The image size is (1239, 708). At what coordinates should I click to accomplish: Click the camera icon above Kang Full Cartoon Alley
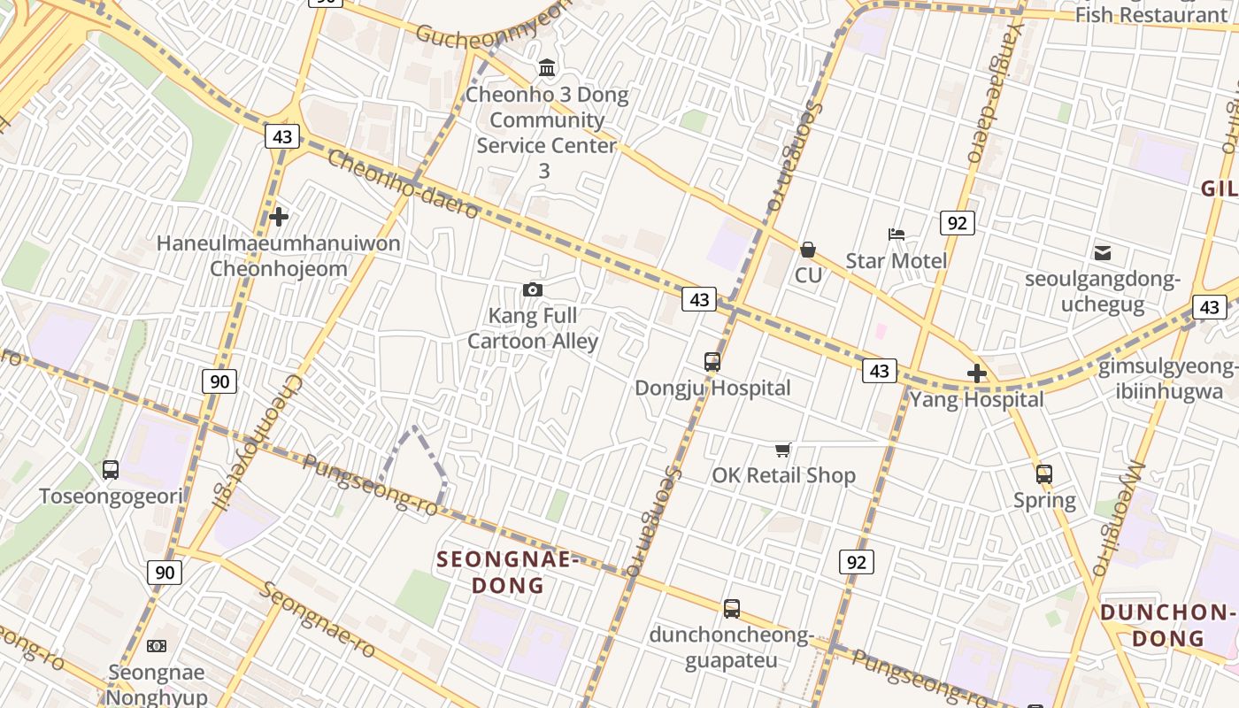coord(533,289)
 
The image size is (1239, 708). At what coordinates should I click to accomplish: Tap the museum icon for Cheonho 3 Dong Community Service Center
coord(547,68)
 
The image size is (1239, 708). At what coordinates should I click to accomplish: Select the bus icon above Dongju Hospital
coord(712,361)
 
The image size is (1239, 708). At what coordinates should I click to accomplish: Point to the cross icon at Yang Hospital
coord(977,373)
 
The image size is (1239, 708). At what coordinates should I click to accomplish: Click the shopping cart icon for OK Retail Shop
coord(782,450)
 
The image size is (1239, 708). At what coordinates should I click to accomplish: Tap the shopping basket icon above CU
coord(807,250)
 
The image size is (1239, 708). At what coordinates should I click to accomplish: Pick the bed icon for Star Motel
coord(897,235)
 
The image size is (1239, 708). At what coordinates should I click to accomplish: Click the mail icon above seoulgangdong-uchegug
coord(1103,253)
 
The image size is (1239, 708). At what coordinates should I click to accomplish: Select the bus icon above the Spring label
coord(1044,473)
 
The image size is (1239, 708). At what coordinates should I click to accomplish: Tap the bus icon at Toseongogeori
coord(111,470)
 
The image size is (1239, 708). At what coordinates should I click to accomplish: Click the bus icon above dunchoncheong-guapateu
coord(731,609)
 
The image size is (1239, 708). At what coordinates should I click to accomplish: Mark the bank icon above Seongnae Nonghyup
coord(157,646)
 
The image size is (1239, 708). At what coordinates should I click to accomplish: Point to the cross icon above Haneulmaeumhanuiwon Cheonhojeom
coord(279,216)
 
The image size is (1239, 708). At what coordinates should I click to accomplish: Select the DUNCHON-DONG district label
coord(1167,625)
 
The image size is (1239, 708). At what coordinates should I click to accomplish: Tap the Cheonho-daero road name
coord(403,184)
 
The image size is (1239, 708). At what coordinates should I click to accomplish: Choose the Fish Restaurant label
coord(1150,14)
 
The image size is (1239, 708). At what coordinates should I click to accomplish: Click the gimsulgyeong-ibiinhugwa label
coord(1167,379)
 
